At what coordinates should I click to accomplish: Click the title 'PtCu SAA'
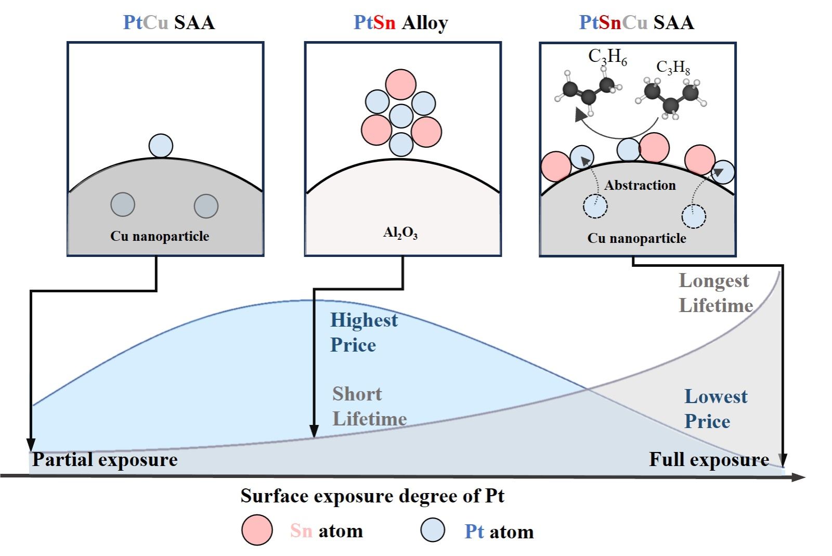pos(168,22)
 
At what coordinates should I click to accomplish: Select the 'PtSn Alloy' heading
pos(400,22)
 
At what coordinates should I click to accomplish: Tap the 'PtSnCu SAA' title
pos(636,22)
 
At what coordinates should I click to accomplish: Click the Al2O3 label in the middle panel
pos(400,232)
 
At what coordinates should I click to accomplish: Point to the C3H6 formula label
pos(607,56)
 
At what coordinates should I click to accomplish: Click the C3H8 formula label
pos(673,67)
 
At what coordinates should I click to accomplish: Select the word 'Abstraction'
pos(640,185)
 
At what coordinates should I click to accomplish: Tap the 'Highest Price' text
pos(363,332)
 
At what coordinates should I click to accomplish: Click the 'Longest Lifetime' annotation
pos(715,293)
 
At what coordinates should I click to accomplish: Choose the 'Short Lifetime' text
pos(369,406)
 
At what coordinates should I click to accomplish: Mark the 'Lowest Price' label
pos(715,409)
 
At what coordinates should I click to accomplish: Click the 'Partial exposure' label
pos(105,460)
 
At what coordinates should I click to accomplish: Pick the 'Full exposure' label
pos(709,460)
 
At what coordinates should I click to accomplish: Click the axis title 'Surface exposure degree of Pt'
pos(372,496)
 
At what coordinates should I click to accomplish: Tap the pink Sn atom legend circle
pos(257,530)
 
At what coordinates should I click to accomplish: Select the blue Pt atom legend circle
pos(433,530)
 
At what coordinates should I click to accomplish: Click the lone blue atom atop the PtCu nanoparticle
pos(161,146)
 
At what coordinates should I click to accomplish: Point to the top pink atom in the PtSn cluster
pos(400,84)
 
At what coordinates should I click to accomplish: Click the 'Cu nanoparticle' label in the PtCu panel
pos(160,236)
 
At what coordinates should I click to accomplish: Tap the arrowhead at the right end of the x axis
pos(799,476)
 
